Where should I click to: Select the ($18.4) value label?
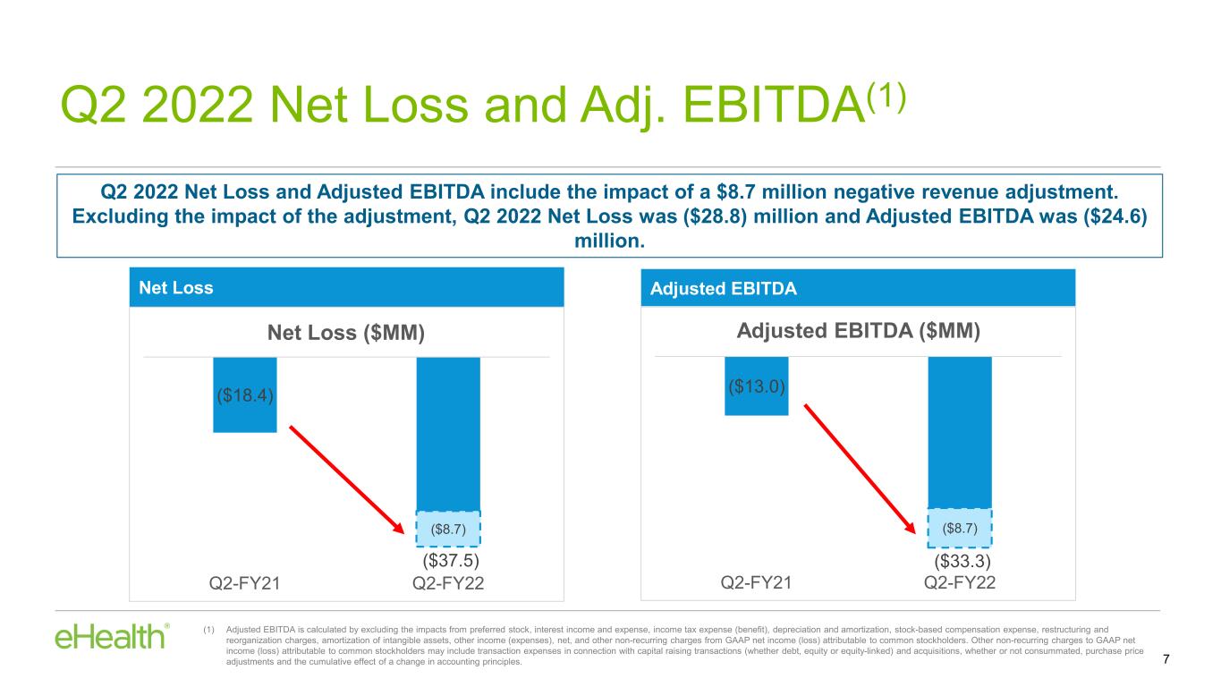[244, 395]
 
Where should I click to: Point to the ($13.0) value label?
[756, 387]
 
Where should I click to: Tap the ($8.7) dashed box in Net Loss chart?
[449, 529]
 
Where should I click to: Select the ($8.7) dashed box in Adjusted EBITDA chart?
[960, 528]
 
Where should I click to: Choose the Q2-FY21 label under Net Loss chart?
[245, 584]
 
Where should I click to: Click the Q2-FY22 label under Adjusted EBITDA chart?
[960, 583]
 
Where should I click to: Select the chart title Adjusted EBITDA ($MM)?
[859, 331]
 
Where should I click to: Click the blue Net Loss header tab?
[346, 289]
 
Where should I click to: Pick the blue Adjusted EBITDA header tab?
[858, 289]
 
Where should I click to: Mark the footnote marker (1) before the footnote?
[210, 630]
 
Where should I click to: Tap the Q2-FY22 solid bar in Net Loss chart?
[449, 434]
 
